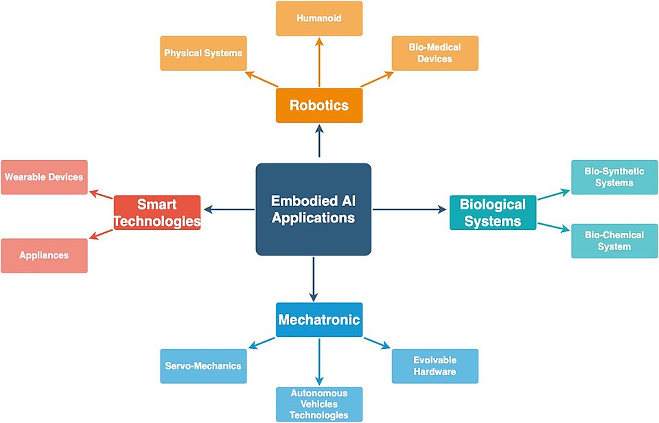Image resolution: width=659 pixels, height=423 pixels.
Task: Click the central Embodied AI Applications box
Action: [314, 209]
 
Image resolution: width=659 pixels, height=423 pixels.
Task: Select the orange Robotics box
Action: [319, 105]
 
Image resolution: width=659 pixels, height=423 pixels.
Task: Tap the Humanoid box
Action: [319, 19]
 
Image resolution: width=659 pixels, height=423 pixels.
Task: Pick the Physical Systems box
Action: [203, 54]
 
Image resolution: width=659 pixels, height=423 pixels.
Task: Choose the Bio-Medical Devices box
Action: [435, 54]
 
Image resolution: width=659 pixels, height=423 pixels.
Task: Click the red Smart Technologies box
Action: [157, 212]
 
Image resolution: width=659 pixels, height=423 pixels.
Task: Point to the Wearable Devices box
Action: [44, 177]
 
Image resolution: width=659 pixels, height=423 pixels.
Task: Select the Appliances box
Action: [44, 255]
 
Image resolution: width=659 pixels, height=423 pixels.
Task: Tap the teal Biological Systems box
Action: [493, 212]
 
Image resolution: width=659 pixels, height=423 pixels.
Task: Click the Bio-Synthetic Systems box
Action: [614, 177]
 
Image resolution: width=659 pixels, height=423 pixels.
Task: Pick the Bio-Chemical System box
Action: [614, 241]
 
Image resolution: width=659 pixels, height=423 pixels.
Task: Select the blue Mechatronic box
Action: [319, 319]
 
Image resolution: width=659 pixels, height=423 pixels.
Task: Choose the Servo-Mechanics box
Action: [203, 366]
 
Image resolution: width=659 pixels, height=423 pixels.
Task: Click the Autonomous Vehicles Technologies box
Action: [319, 404]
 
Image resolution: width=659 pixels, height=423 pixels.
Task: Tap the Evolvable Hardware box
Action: [435, 366]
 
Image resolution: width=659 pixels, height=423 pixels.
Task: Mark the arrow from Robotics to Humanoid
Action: [319, 62]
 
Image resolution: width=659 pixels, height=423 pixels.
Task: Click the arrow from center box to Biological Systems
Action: [410, 209]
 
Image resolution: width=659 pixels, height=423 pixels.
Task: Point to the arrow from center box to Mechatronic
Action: [313, 279]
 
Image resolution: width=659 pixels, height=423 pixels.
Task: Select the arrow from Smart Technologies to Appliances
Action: [102, 233]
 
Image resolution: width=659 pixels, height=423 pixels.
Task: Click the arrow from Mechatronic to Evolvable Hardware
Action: [378, 343]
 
